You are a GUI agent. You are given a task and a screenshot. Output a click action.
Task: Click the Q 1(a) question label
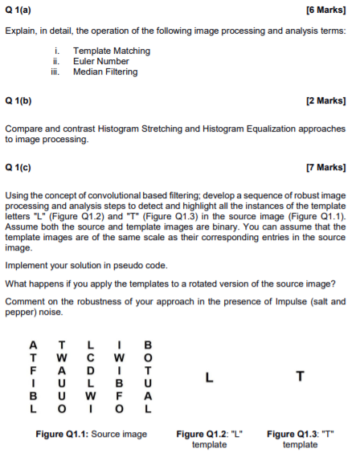18,10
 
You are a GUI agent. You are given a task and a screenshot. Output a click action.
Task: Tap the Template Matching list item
111,51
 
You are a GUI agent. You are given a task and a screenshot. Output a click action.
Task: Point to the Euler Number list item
101,61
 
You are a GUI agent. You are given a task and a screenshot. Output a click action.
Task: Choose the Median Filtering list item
105,71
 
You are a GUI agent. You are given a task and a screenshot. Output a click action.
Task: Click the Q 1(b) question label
18,102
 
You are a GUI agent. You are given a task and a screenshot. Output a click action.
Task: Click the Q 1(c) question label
18,169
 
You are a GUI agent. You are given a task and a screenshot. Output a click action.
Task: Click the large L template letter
209,376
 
